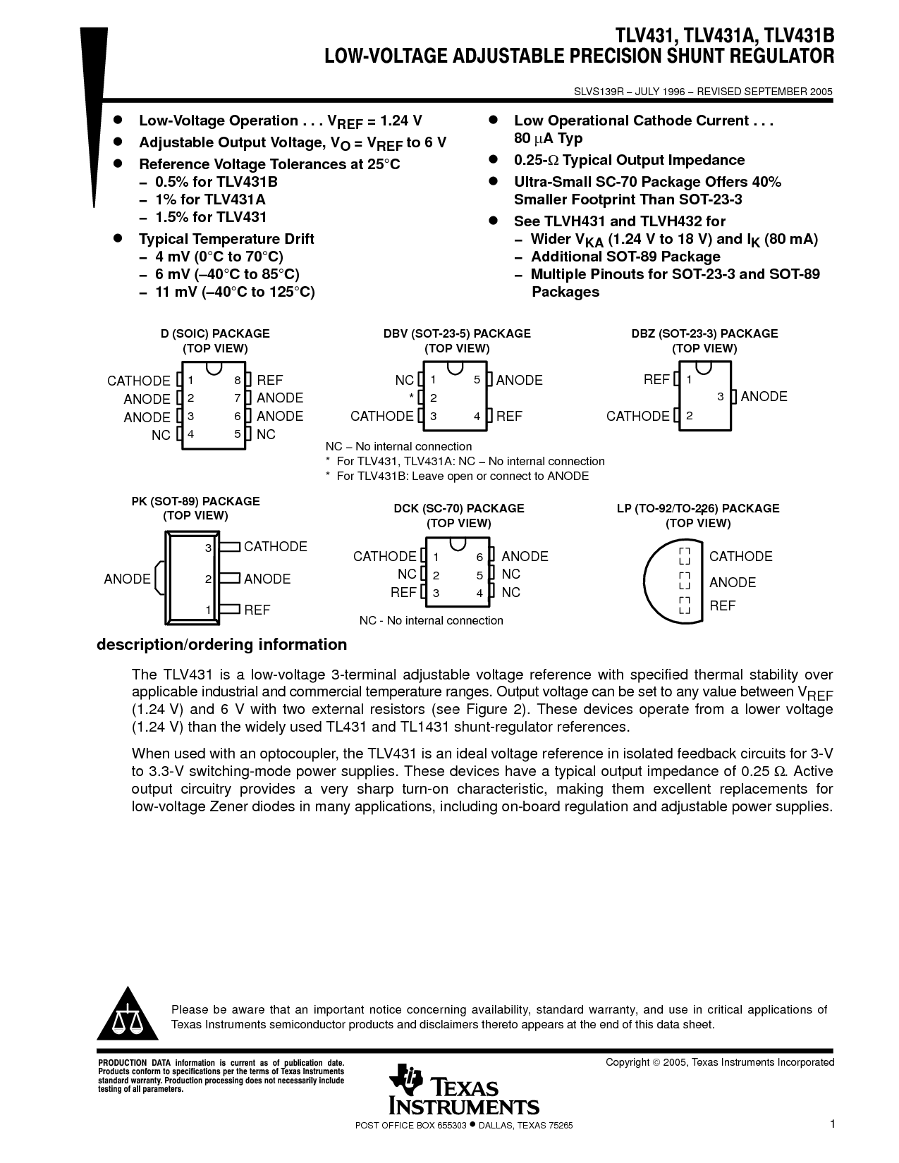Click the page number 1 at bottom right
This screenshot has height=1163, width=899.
(832, 1124)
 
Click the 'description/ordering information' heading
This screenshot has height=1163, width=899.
(221, 644)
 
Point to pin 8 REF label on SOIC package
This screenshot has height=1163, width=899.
(270, 380)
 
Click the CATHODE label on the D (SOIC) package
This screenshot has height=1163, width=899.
(139, 381)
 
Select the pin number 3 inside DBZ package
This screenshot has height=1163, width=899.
(721, 397)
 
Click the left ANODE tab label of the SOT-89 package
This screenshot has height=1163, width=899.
(127, 579)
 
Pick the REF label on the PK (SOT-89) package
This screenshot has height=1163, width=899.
(257, 610)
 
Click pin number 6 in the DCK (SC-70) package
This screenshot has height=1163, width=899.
(479, 557)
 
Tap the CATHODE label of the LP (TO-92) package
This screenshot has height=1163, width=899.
(740, 556)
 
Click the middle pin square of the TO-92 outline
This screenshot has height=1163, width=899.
(684, 581)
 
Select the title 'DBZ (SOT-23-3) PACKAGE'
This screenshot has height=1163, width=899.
(704, 333)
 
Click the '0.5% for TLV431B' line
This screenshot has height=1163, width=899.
(216, 182)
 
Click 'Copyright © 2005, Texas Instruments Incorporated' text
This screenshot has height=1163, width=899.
(720, 1062)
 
